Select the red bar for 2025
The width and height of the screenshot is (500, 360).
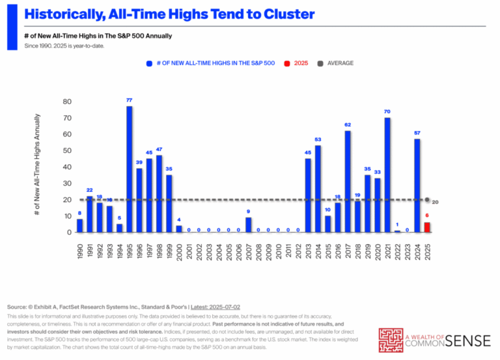427,227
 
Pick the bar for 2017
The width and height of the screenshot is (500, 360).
348,182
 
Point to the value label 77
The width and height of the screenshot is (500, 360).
130,100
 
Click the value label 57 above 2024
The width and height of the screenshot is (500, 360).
417,133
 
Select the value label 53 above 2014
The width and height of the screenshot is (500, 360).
318,139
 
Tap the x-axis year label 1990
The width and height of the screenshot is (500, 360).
80,249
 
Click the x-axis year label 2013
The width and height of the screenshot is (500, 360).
308,249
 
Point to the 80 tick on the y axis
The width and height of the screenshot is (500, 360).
67,102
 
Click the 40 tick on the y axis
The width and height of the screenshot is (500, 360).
67,167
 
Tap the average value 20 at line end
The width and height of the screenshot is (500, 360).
436,202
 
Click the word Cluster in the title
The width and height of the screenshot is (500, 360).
285,14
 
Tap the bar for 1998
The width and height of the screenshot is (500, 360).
159,194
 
